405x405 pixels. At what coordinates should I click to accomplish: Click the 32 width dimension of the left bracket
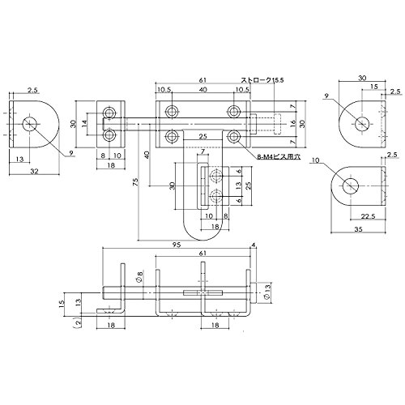click(34, 171)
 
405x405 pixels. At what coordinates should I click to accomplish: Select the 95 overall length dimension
click(176, 245)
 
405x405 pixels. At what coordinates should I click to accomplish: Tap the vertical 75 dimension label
click(136, 181)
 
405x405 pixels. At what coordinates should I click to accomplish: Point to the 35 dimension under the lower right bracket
click(358, 229)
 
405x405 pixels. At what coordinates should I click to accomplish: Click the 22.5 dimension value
click(368, 216)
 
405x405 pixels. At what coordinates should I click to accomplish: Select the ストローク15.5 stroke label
click(262, 80)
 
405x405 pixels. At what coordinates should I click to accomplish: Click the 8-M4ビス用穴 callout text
click(279, 156)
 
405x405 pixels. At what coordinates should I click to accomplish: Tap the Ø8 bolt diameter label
click(139, 277)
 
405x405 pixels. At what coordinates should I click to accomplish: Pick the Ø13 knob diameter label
click(267, 292)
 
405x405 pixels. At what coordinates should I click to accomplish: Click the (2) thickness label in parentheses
click(79, 322)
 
